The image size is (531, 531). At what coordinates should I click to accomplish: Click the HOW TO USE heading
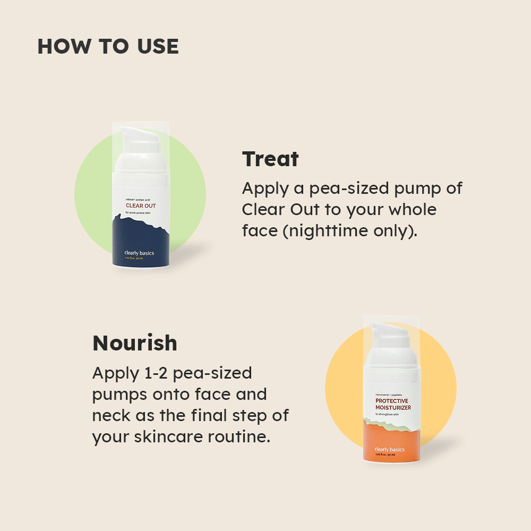[x=108, y=47]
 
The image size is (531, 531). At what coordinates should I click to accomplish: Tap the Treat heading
[x=270, y=159]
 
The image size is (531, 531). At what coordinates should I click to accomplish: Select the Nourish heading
[x=135, y=344]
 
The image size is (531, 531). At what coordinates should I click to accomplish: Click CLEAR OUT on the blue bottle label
[x=141, y=205]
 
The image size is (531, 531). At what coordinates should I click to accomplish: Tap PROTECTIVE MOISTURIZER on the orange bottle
[x=393, y=405]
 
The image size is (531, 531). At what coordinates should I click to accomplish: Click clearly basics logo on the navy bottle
[x=139, y=253]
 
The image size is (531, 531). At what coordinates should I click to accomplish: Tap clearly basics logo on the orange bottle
[x=389, y=449]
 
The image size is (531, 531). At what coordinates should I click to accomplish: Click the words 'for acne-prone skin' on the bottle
[x=139, y=213]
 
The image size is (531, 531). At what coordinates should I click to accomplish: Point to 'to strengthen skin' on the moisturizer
[x=387, y=414]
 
